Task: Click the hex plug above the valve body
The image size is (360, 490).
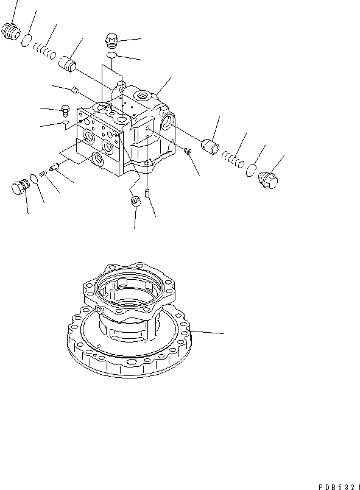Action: pos(112,40)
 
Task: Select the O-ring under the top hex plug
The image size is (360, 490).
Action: pos(112,56)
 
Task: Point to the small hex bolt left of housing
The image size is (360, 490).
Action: pos(66,110)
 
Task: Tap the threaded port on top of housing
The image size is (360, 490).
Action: pos(144,95)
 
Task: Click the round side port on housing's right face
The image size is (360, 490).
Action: pos(168,124)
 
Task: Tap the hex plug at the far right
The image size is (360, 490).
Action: pos(267,179)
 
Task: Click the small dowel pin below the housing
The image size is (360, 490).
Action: pos(147,195)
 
